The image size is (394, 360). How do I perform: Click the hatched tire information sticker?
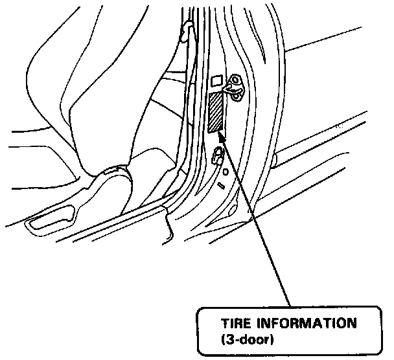216,111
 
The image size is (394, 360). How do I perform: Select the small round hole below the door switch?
225,173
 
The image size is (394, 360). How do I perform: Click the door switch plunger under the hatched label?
217,153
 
